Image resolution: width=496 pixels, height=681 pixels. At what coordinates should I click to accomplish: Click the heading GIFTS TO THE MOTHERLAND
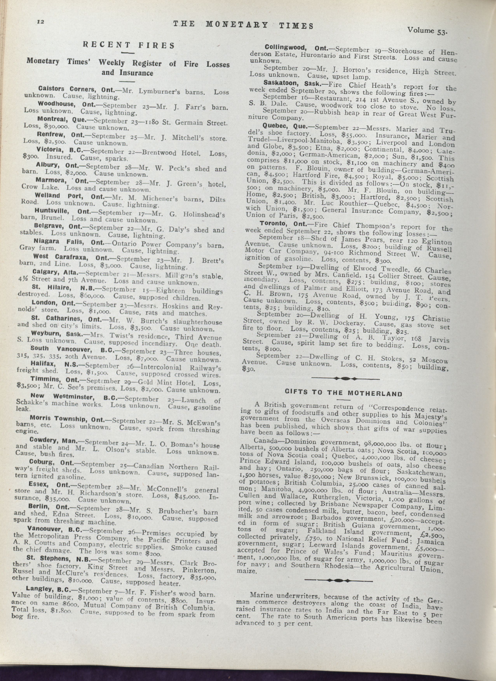[343, 393]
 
